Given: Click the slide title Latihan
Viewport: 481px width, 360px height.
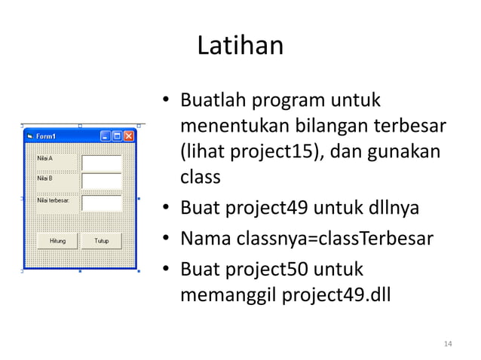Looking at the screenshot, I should (x=240, y=47).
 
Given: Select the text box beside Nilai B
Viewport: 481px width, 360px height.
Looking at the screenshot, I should (x=101, y=182).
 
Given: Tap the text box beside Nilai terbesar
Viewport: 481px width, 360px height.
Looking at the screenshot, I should (x=101, y=203).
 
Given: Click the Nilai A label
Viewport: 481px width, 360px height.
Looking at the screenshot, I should (x=45, y=159).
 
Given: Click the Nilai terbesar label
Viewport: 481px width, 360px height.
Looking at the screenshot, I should (x=53, y=200).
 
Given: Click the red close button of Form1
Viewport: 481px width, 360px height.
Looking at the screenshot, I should (x=129, y=136).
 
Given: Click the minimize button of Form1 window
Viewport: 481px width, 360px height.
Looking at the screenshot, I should (x=106, y=136).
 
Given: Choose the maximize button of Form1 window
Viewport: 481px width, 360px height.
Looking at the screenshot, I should (x=117, y=136).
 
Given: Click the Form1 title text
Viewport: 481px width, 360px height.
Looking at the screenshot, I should (x=45, y=136).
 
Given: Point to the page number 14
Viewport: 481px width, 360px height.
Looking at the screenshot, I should (x=448, y=344).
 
